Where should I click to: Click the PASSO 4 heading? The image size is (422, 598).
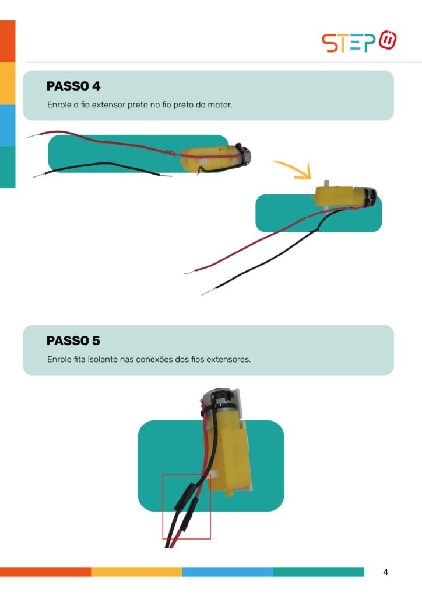click(73, 86)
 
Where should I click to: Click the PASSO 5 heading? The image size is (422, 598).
click(73, 340)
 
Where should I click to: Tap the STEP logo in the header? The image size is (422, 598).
click(359, 41)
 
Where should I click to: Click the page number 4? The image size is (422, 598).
click(385, 572)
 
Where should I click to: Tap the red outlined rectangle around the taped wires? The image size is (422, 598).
click(163, 507)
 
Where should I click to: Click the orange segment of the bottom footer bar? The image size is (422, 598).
click(45, 572)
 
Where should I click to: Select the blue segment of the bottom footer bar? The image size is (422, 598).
click(227, 572)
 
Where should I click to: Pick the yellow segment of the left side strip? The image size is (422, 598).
click(8, 83)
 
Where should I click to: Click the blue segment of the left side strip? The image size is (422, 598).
click(8, 125)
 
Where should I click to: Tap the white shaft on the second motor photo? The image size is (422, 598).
click(326, 183)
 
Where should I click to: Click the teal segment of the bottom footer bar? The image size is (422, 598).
click(318, 572)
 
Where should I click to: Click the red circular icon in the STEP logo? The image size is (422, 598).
click(388, 40)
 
